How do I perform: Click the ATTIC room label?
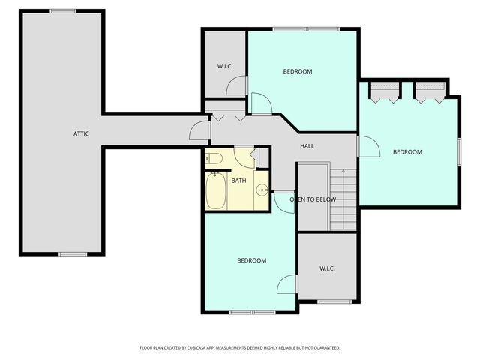pos(81,133)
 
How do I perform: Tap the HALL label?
pos(307,146)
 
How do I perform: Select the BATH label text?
pos(238,181)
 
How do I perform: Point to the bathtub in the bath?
pos(216,190)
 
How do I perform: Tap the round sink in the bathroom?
pos(262,190)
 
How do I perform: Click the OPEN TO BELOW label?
pos(313,199)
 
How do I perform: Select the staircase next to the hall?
pos(343,199)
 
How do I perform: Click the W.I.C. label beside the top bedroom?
pos(225,66)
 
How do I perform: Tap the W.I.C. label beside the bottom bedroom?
pos(327,268)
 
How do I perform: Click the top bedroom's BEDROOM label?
pos(298,72)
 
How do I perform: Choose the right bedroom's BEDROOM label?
pos(407,152)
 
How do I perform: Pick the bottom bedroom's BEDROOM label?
pos(252,260)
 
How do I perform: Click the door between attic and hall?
pos(199,130)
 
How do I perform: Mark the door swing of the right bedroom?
pos(368,146)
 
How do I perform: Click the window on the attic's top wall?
pos(63,11)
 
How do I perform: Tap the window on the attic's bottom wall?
pos(73,254)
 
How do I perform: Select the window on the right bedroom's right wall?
pos(459,152)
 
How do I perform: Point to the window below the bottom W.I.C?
pos(334,301)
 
